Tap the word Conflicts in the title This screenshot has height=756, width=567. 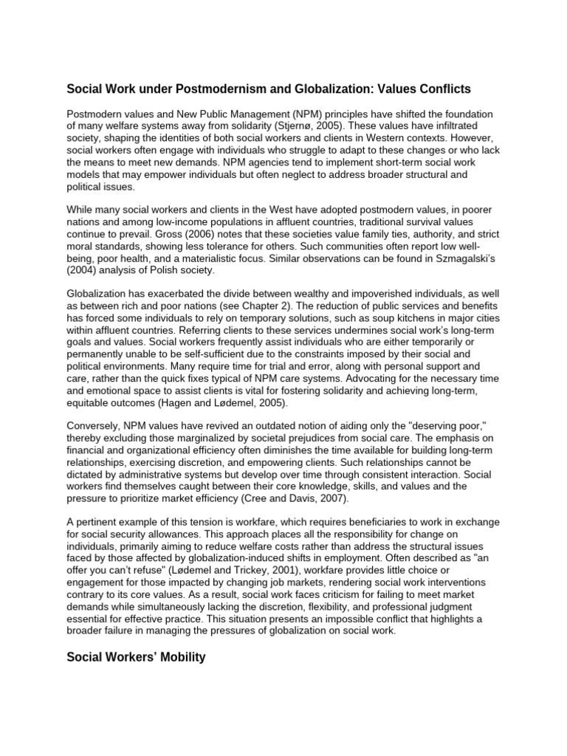(x=439, y=89)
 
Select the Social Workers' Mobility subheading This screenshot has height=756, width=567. (x=137, y=656)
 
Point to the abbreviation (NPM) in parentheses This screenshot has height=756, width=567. (x=289, y=114)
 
